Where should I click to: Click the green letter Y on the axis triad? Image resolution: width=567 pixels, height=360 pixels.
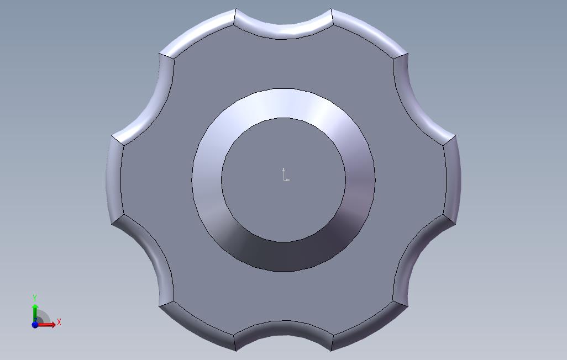point(35,298)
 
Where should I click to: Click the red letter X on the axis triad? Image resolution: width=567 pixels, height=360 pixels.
point(59,322)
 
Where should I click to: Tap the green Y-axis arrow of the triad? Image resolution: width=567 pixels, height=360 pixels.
point(35,313)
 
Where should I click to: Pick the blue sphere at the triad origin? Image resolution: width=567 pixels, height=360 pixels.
point(35,325)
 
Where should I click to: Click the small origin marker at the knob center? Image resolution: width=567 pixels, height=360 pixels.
point(285,174)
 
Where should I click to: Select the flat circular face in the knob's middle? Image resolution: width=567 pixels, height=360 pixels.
point(283,179)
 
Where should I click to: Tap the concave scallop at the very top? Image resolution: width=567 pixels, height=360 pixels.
point(283,30)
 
